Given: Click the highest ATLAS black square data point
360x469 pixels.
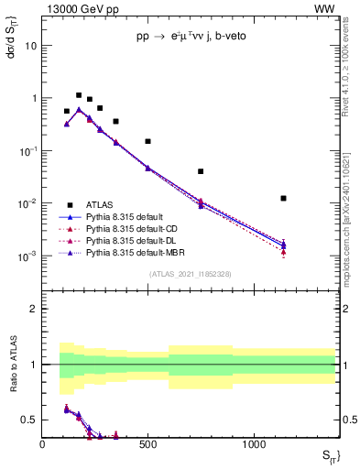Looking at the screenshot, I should pos(79,95).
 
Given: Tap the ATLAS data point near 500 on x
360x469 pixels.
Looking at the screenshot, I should pos(147,141).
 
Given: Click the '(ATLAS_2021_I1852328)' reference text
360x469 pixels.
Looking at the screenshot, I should pos(190,274).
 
